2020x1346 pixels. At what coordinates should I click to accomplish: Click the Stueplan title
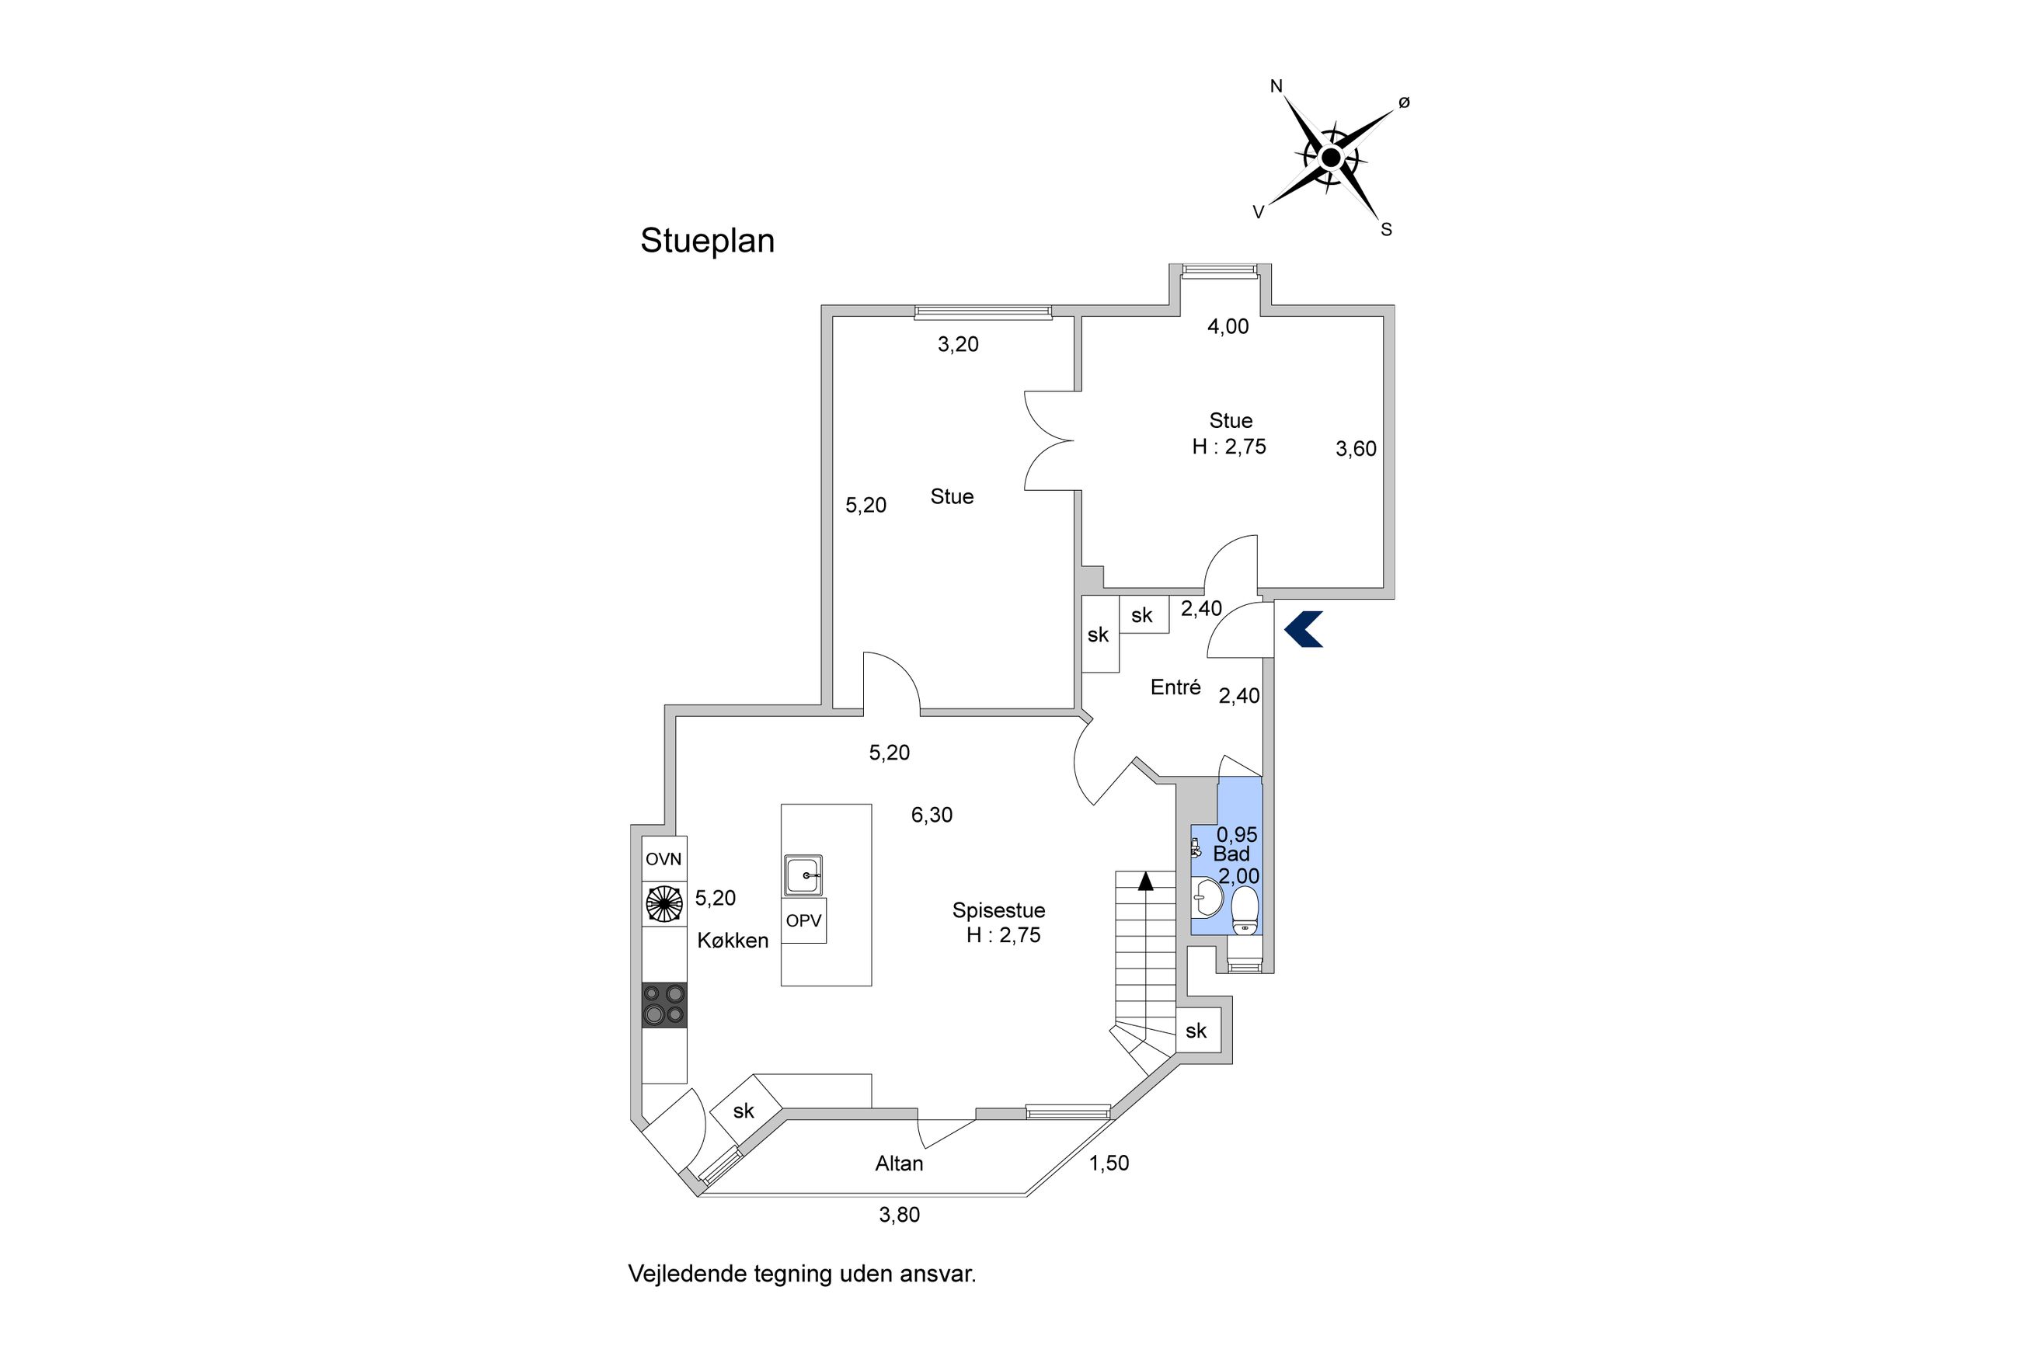pos(706,242)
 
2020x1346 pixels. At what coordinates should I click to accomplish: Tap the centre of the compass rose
pos(1330,158)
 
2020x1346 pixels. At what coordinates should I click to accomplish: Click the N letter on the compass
pos(1276,86)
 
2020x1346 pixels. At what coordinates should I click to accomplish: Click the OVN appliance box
pos(663,858)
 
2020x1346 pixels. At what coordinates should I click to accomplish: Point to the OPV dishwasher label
pos(803,921)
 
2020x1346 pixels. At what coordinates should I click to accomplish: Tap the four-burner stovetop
pos(664,1004)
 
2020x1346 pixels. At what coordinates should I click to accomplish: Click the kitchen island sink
pos(803,875)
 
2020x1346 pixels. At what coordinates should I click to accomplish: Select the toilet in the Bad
pos(1244,911)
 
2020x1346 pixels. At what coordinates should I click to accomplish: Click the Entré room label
pos(1175,687)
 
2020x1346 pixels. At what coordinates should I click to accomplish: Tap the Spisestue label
pos(998,910)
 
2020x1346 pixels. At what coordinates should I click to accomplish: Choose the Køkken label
pos(733,941)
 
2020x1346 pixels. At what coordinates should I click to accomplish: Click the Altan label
pos(899,1164)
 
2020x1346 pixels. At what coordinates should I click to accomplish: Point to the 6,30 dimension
pos(932,815)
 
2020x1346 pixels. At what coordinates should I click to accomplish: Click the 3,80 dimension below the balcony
pos(899,1215)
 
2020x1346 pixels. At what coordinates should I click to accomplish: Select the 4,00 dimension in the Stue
pos(1228,326)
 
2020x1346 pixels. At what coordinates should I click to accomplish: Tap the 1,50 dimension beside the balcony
pos(1109,1163)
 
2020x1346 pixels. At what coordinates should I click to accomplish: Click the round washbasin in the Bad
pos(1208,898)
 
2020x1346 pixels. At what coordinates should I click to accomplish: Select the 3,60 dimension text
pos(1356,449)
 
